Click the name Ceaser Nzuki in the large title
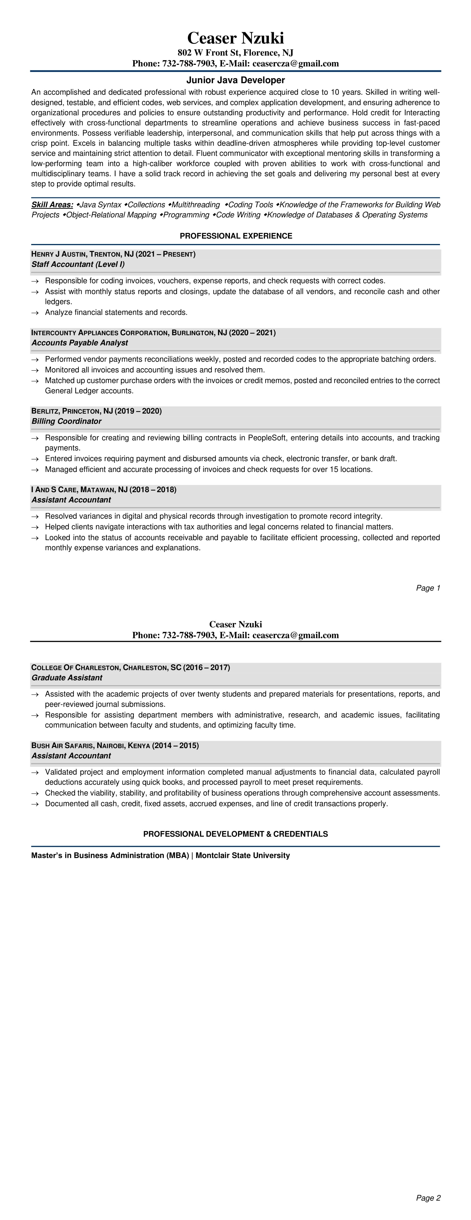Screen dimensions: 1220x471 pyautogui.click(x=235, y=38)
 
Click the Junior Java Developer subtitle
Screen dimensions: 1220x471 pyautogui.click(x=235, y=80)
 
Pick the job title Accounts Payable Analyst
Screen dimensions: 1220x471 pyautogui.click(x=80, y=343)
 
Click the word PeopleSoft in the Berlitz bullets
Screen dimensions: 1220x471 pyautogui.click(x=267, y=438)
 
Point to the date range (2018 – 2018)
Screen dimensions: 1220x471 pyautogui.click(x=153, y=490)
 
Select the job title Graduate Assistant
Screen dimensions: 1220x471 pyautogui.click(x=67, y=678)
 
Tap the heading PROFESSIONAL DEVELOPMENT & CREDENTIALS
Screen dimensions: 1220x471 pyautogui.click(x=235, y=834)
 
